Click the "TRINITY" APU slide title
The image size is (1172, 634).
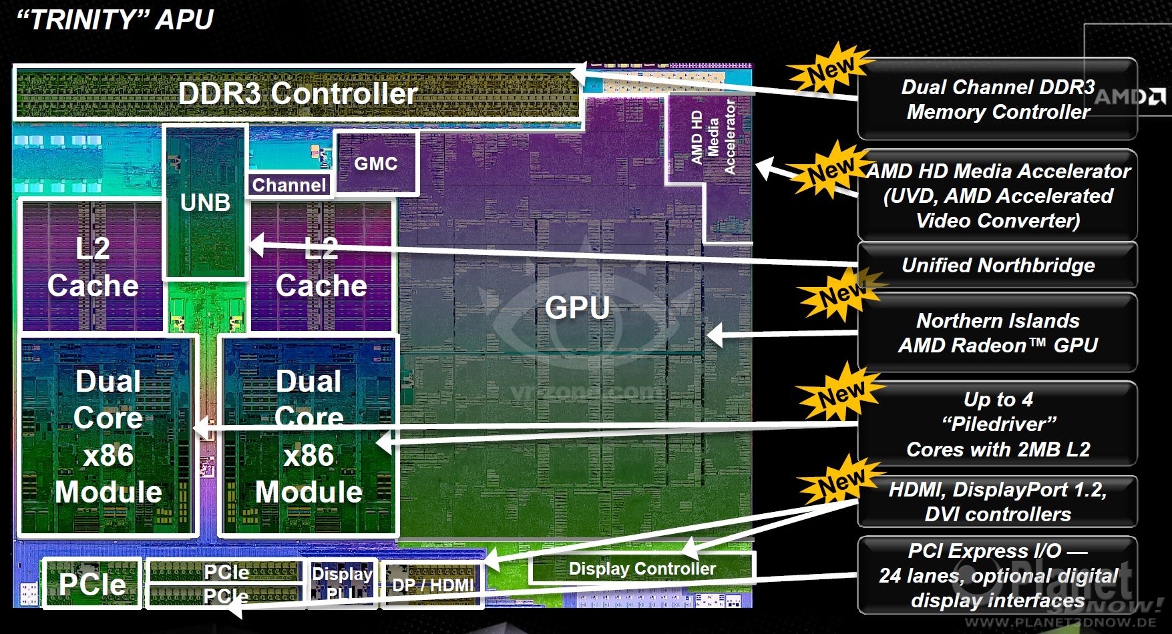[114, 19]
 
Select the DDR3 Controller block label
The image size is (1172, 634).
[298, 93]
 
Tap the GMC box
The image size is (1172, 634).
[376, 164]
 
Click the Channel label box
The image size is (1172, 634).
[289, 185]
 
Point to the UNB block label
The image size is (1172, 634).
[205, 202]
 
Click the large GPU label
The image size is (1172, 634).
[577, 308]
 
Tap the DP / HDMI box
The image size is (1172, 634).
[433, 585]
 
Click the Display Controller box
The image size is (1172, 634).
[642, 569]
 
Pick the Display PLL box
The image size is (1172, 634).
[343, 583]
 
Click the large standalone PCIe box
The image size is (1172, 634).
[92, 584]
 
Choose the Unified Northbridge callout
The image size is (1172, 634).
[998, 266]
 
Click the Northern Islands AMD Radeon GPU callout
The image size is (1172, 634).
[998, 333]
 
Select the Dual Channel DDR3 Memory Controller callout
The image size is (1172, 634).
[998, 99]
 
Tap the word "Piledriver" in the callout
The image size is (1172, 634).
[999, 424]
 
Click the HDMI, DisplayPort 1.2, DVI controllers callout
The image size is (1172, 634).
[998, 502]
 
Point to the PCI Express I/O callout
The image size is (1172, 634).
[998, 575]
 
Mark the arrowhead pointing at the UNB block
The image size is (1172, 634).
[257, 245]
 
